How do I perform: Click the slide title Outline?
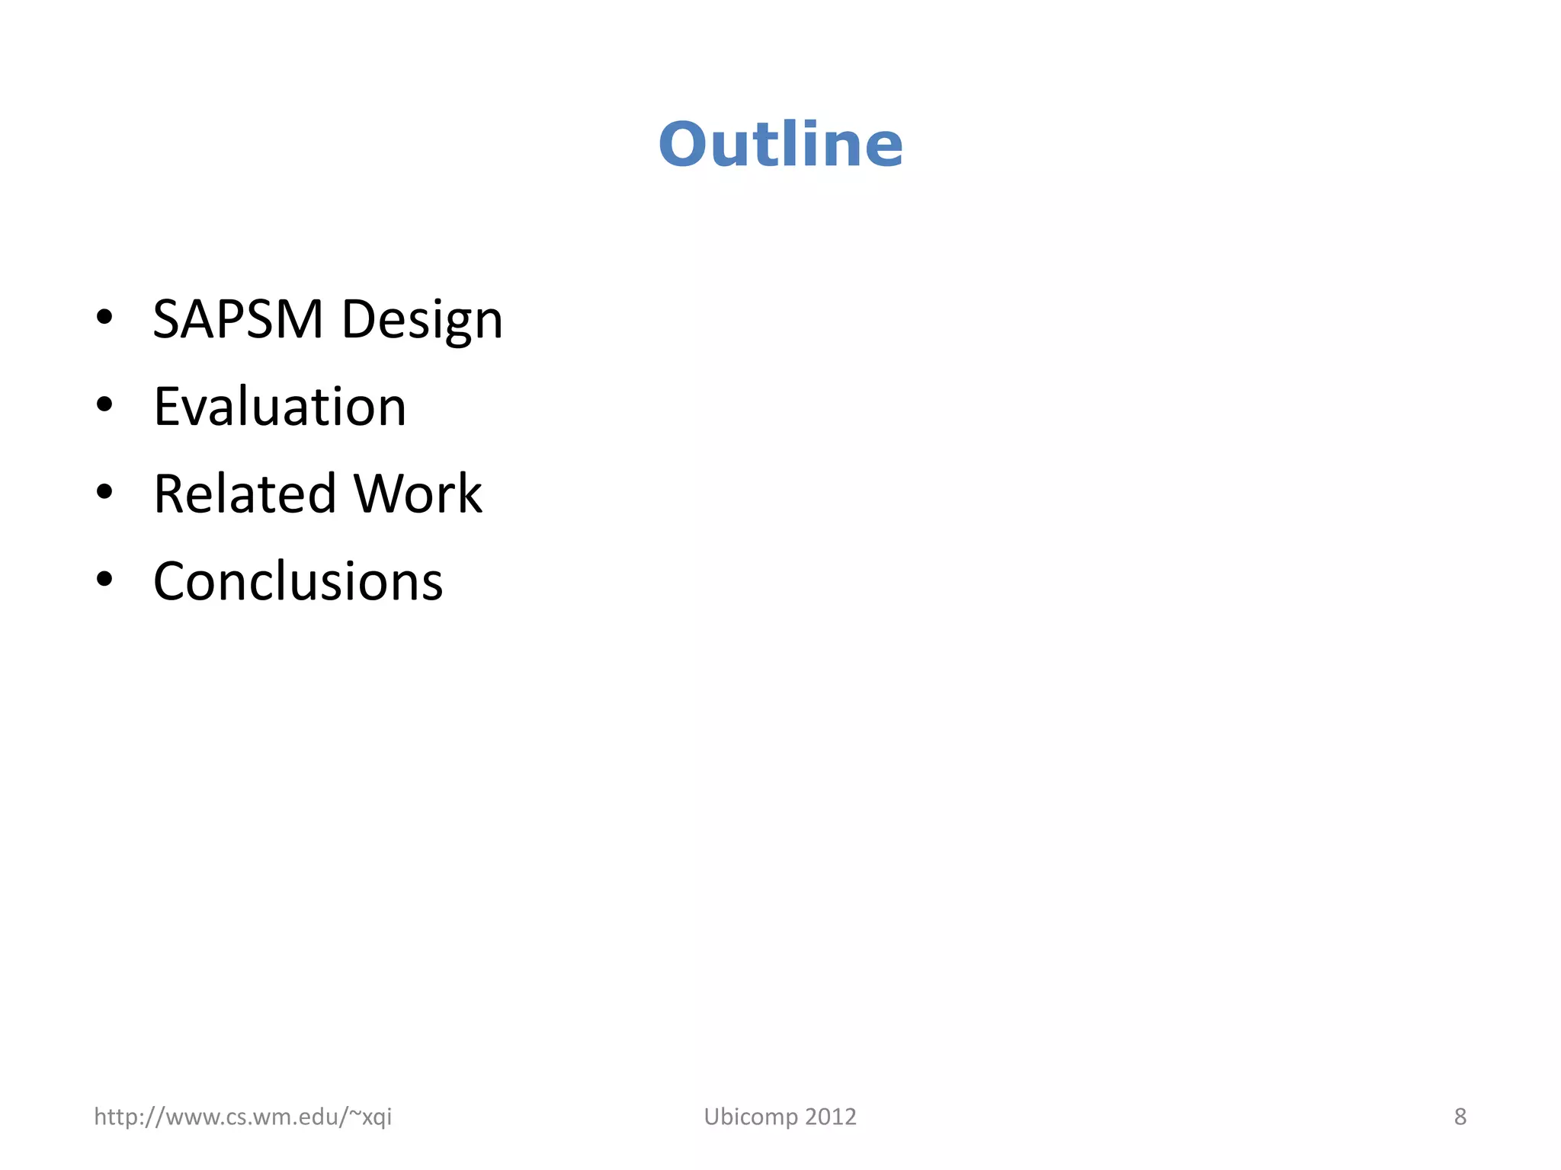780,145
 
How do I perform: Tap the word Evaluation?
280,407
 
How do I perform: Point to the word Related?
245,494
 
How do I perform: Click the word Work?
418,494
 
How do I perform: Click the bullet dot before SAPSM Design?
104,318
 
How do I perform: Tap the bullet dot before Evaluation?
104,405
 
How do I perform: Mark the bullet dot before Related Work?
104,493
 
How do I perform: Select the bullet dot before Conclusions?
104,580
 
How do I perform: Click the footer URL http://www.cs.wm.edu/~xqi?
242,1117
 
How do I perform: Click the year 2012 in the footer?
831,1117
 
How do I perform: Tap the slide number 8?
1460,1117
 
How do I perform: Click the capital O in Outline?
684,145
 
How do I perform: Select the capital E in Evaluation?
168,407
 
